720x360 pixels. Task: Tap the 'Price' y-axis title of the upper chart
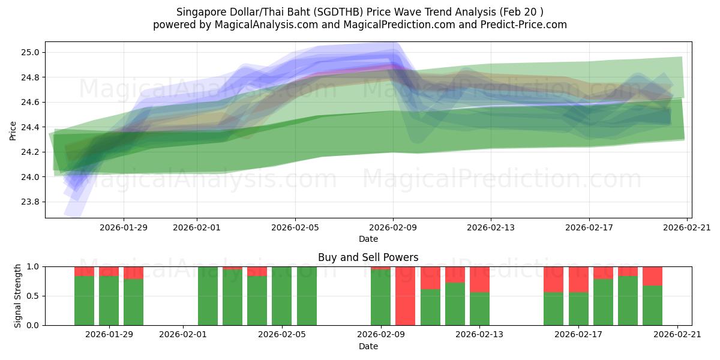pyautogui.click(x=13, y=130)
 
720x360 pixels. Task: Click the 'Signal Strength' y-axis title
pyautogui.click(x=18, y=296)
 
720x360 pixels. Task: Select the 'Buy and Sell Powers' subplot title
pyautogui.click(x=368, y=257)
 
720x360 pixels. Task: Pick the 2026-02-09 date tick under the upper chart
pyautogui.click(x=393, y=227)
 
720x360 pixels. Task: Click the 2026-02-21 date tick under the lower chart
pyautogui.click(x=677, y=335)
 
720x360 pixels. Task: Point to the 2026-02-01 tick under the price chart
pyautogui.click(x=197, y=227)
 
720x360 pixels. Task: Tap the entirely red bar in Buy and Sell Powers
pyautogui.click(x=405, y=296)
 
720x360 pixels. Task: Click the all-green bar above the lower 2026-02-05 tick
pyautogui.click(x=282, y=296)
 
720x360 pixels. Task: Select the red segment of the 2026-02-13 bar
pyautogui.click(x=479, y=279)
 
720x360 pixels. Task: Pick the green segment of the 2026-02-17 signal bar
pyautogui.click(x=578, y=309)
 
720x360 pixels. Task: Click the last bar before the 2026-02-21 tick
pyautogui.click(x=652, y=303)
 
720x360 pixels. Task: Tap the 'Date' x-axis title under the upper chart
pyautogui.click(x=368, y=239)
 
